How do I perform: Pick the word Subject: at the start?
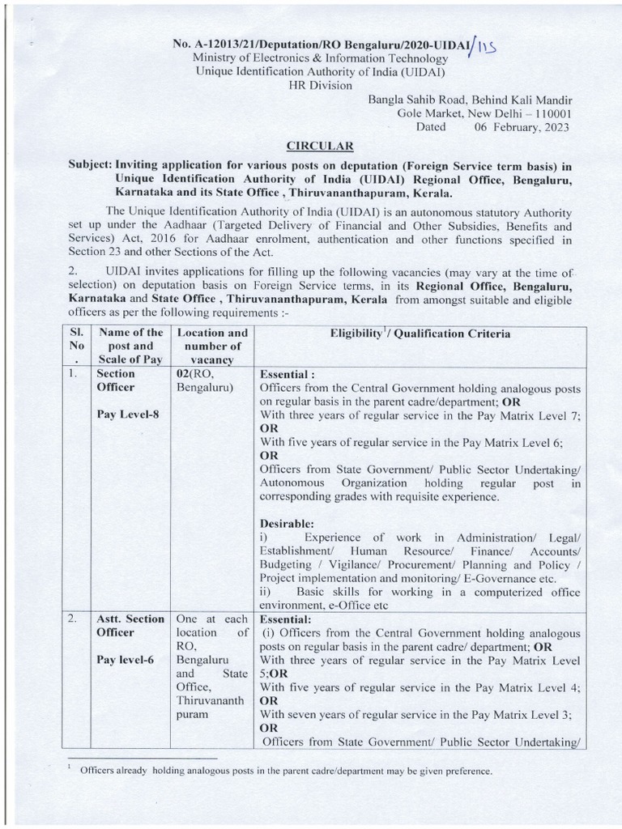[x=90, y=163]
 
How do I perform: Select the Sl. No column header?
[x=73, y=346]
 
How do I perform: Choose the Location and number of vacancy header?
[x=212, y=346]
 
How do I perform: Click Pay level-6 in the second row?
[x=125, y=660]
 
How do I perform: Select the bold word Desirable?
[x=287, y=524]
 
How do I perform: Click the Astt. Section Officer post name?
[x=130, y=625]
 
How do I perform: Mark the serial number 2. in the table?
[x=72, y=619]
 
